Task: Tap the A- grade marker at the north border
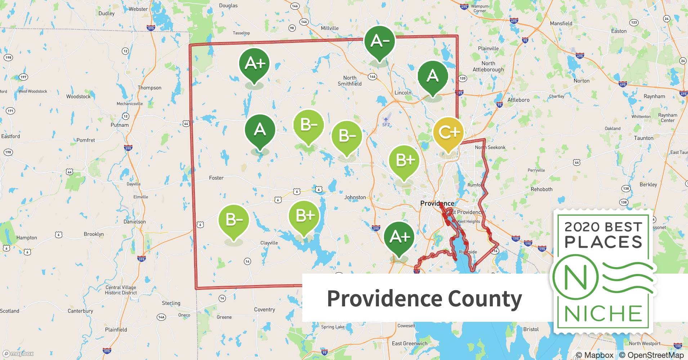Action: click(379, 41)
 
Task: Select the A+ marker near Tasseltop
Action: click(254, 64)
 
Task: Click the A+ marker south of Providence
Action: click(399, 237)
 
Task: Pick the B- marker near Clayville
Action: click(234, 220)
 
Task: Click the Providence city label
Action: click(437, 203)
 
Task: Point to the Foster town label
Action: click(216, 178)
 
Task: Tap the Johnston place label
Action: click(355, 197)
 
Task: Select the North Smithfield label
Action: click(349, 81)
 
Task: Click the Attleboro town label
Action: click(518, 100)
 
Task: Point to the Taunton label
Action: click(643, 138)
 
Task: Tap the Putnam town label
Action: click(119, 125)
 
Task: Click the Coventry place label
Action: click(264, 310)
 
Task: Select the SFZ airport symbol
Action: click(386, 120)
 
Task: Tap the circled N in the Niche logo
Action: click(575, 278)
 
